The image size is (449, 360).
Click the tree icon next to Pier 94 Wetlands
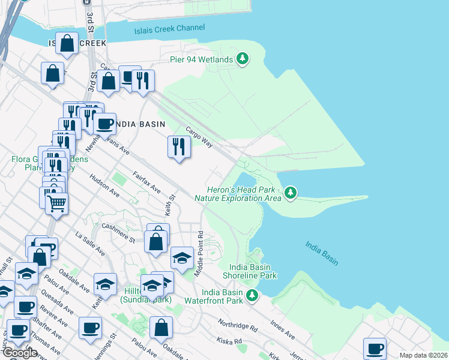coord(243,59)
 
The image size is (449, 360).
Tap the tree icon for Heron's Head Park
coord(291,192)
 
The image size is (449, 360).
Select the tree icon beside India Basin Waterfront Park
coord(253,295)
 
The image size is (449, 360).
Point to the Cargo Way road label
coord(199,137)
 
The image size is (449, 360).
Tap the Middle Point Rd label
coord(200,253)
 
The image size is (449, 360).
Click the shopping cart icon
coord(56,203)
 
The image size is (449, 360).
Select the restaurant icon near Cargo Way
coord(178,146)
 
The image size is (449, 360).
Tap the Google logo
coord(20,353)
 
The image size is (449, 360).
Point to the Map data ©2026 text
coord(423,355)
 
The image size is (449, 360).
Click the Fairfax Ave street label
coord(147,181)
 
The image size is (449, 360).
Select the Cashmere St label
coord(119,233)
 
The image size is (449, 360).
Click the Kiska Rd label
coord(230,341)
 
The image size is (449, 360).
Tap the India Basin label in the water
coord(321,253)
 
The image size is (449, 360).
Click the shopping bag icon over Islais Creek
coord(67,43)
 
